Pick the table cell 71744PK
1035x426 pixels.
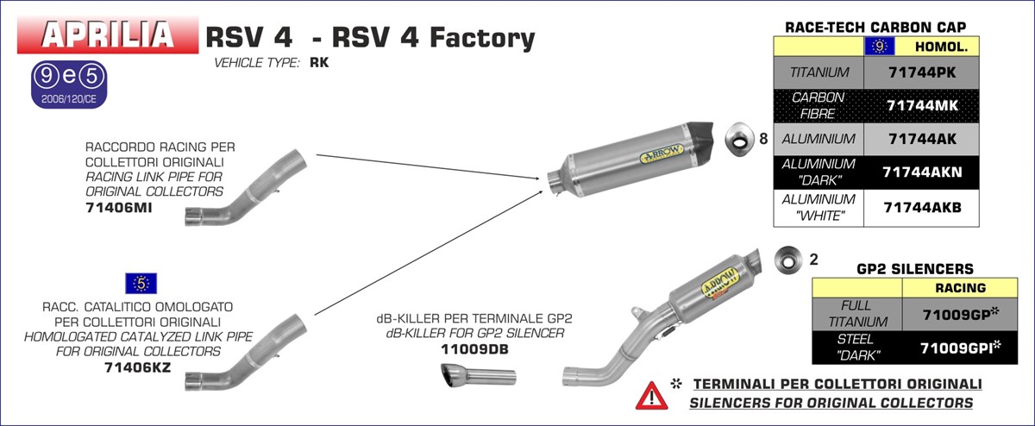[x=923, y=73]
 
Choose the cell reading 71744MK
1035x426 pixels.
[x=923, y=105]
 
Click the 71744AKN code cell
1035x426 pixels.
[x=923, y=171]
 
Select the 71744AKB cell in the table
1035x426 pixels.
[x=923, y=207]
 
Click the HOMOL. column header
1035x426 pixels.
[x=941, y=47]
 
